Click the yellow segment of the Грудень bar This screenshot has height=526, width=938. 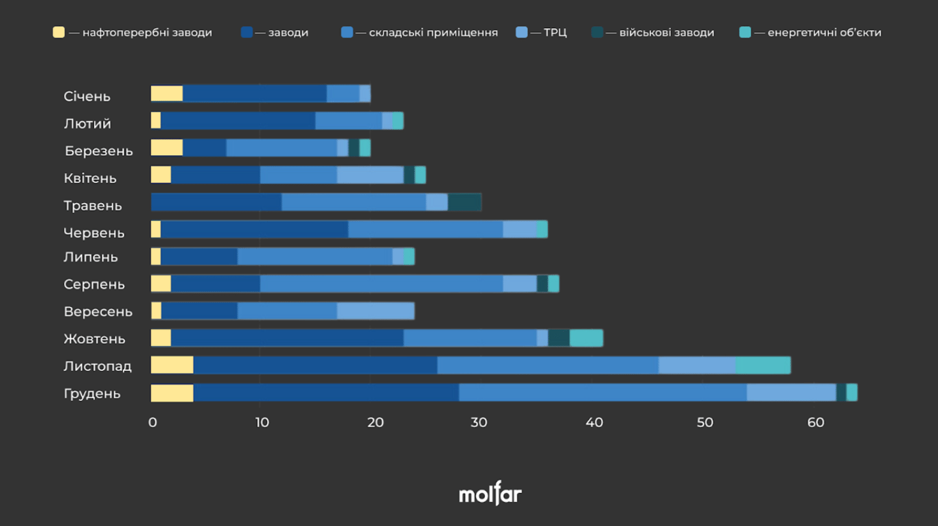(x=172, y=393)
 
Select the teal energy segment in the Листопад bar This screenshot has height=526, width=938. (x=763, y=365)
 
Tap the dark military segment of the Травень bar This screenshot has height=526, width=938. (x=464, y=203)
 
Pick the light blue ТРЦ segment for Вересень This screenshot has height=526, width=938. (x=376, y=311)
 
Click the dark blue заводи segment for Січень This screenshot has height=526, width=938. (x=254, y=93)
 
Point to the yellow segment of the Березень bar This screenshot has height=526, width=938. (x=167, y=148)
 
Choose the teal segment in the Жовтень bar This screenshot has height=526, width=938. (x=586, y=338)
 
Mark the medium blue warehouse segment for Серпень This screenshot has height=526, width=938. (x=381, y=284)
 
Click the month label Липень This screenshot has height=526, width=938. (x=91, y=257)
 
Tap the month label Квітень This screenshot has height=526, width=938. (x=90, y=178)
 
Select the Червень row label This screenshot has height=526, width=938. (x=94, y=233)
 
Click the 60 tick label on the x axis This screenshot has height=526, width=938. (x=815, y=422)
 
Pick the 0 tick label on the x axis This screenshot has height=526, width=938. (x=152, y=422)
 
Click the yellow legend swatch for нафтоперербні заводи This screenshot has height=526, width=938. (x=59, y=32)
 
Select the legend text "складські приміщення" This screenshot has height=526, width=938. (x=433, y=32)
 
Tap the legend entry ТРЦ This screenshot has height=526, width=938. (x=555, y=32)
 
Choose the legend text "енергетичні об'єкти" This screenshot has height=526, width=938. (x=824, y=32)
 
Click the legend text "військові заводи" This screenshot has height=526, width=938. (x=666, y=32)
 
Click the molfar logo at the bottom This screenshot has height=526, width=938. (x=490, y=494)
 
